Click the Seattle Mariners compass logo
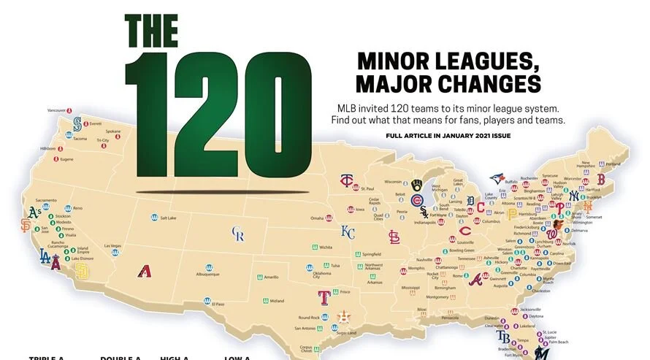point(77,125)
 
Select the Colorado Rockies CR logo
point(237,234)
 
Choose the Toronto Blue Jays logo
point(497,178)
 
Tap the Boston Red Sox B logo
point(601,179)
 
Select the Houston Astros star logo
point(344,316)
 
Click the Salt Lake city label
point(169,218)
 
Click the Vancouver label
point(56,110)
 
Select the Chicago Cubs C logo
point(417,201)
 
